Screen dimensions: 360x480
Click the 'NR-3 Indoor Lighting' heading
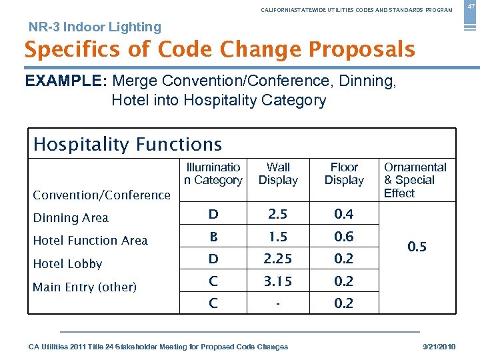coord(95,27)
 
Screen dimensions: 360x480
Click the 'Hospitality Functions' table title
coord(127,144)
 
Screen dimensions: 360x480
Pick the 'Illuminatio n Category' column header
coord(213,174)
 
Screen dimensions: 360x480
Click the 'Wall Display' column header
coord(278,174)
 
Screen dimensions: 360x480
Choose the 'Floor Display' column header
coord(344,174)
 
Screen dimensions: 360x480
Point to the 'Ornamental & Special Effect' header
coord(415,180)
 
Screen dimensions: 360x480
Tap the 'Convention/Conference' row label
coord(101,195)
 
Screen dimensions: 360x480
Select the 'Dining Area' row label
coord(71,218)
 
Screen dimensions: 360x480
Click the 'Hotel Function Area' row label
coord(90,241)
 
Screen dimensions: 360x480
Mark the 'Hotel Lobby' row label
coord(67,264)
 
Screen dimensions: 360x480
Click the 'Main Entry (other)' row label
coord(85,287)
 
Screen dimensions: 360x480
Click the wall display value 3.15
coord(278,281)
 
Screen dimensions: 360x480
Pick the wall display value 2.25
coord(278,259)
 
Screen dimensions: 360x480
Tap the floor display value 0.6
coord(344,237)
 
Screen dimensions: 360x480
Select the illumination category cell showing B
coord(213,237)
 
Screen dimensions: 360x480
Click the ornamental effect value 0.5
coord(417,247)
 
